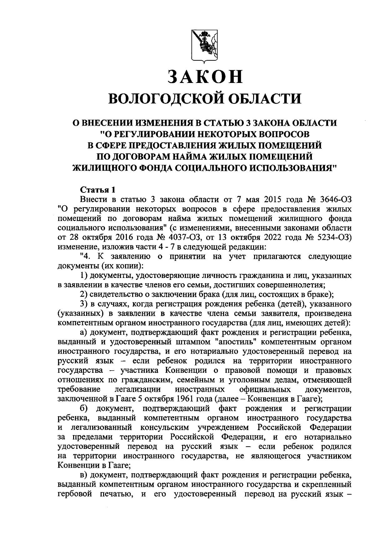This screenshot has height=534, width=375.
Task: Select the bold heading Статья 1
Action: pos(98,190)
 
